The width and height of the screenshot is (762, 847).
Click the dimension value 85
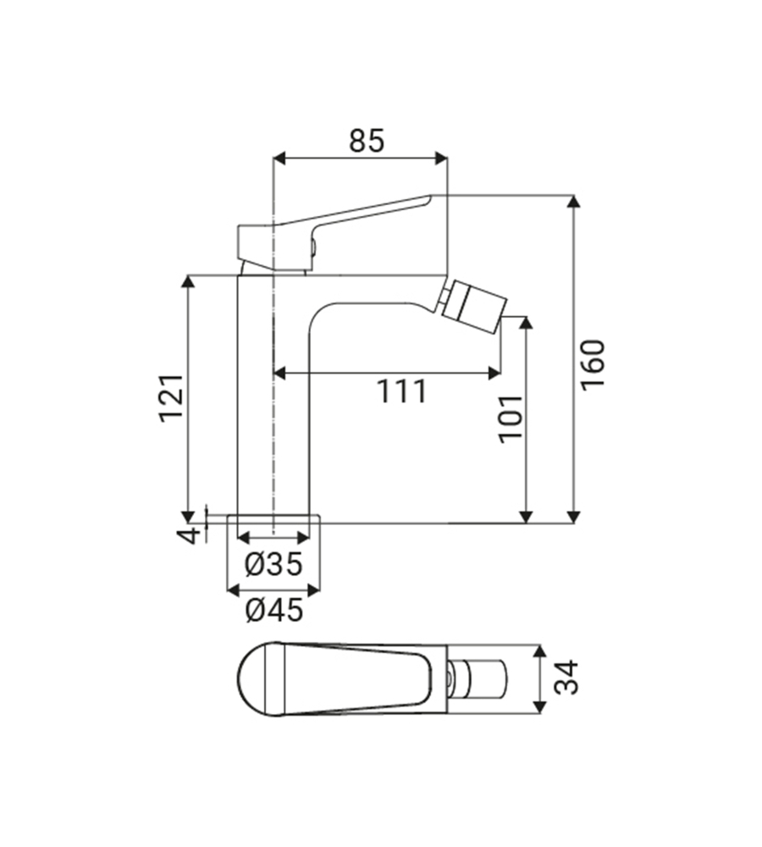click(366, 140)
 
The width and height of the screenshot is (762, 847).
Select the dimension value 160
click(593, 364)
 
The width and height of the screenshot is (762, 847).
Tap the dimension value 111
click(401, 391)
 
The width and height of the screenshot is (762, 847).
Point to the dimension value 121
click(171, 396)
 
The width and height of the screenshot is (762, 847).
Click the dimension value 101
click(510, 417)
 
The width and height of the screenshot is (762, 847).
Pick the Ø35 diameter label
click(273, 565)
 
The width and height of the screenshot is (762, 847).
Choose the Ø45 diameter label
click(273, 609)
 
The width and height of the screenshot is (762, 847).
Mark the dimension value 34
click(570, 678)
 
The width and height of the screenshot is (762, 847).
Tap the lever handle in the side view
click(339, 224)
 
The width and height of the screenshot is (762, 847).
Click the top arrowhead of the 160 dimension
click(574, 201)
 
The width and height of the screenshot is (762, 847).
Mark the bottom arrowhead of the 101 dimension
click(526, 516)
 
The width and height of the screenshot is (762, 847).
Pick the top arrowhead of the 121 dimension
click(189, 281)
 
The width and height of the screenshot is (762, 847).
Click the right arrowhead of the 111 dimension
click(495, 371)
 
